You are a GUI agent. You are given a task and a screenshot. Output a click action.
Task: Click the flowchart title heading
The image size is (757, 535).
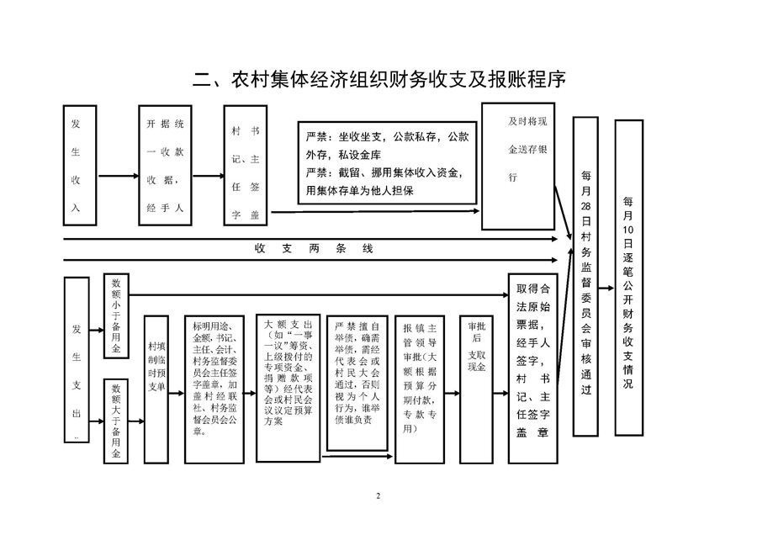tap(379, 80)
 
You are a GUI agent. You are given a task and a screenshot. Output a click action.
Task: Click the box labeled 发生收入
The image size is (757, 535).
tap(80, 165)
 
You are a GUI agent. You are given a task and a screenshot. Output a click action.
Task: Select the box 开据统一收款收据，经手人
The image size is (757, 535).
tap(165, 165)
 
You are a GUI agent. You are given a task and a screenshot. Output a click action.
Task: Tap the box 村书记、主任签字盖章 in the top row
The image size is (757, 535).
tap(246, 165)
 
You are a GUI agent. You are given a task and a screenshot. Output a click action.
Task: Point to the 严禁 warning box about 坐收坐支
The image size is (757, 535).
tap(387, 162)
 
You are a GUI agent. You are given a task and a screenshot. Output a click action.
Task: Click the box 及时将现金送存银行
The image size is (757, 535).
tap(518, 166)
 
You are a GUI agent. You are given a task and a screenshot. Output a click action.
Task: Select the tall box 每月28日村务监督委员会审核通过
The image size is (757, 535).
tap(585, 276)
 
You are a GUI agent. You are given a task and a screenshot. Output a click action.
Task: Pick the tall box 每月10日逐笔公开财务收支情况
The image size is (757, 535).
tap(628, 278)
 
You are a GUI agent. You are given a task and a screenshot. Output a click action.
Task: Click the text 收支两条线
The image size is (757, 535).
tap(314, 249)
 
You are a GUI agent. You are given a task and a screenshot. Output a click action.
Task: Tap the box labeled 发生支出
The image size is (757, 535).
tap(77, 360)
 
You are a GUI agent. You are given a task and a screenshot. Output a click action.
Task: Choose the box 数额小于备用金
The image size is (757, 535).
tap(116, 315)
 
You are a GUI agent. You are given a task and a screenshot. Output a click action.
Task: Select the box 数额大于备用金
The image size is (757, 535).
tap(116, 421)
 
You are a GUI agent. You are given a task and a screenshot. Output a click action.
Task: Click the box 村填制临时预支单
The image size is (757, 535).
tap(156, 389)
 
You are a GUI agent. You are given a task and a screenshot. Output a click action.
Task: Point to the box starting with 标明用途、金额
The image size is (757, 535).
tap(214, 389)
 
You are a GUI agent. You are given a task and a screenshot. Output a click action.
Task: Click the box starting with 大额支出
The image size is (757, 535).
tap(289, 389)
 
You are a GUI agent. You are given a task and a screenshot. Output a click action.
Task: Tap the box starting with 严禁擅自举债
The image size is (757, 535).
tap(357, 384)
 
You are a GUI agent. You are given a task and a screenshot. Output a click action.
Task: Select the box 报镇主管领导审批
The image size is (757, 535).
tap(420, 389)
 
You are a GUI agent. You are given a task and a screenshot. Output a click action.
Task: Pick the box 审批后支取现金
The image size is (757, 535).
tap(476, 389)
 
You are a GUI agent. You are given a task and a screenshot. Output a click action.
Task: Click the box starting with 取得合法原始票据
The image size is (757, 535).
tap(533, 368)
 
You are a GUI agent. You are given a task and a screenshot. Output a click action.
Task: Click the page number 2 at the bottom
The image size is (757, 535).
tap(378, 496)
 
